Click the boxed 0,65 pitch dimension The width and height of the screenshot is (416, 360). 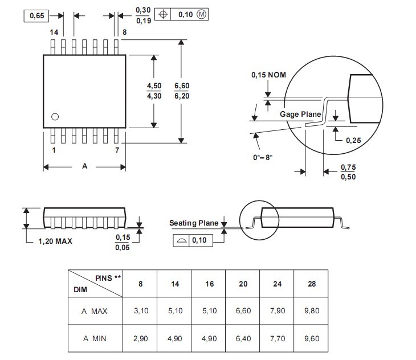click(x=36, y=16)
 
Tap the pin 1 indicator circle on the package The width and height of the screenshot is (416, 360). click(x=55, y=117)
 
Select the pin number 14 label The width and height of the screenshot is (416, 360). click(x=54, y=32)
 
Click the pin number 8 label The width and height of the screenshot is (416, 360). click(x=124, y=32)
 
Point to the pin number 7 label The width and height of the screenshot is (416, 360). click(x=117, y=150)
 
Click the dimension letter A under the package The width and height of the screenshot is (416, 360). click(x=85, y=166)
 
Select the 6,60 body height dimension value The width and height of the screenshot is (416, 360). click(x=182, y=86)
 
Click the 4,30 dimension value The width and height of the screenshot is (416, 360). click(x=154, y=96)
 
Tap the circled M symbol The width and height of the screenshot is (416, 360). click(x=201, y=14)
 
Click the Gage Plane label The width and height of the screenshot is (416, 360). click(x=300, y=114)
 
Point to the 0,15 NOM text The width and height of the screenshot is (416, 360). click(x=268, y=75)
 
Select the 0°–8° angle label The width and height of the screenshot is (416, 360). click(x=263, y=157)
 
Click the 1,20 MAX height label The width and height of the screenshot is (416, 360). click(x=55, y=242)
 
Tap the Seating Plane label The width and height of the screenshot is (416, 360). click(x=194, y=223)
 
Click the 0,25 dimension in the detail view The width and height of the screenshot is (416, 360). click(x=353, y=141)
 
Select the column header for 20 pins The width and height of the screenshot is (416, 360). click(x=243, y=284)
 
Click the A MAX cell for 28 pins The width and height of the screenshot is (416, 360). click(x=312, y=310)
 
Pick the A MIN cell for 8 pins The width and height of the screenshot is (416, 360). click(x=140, y=338)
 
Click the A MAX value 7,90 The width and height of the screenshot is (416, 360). click(x=278, y=310)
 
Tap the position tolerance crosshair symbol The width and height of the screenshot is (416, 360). click(x=163, y=14)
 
